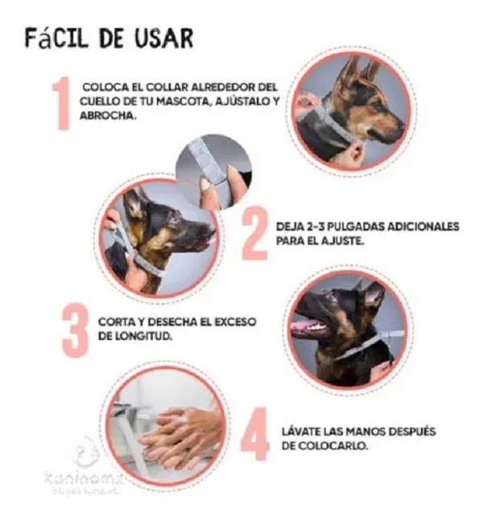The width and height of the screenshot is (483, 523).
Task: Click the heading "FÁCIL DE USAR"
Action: pyautogui.click(x=108, y=38)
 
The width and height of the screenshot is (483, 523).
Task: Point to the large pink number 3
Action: pyautogui.click(x=75, y=330)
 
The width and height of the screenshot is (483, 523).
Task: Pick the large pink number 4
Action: pyautogui.click(x=255, y=438)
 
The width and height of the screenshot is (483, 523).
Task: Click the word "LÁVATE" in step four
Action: pyautogui.click(x=303, y=432)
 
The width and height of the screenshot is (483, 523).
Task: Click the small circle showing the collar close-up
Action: pyautogui.click(x=213, y=171)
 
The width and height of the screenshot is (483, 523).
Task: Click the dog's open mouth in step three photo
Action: pyautogui.click(x=308, y=326)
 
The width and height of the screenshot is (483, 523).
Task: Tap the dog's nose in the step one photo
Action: pyautogui.click(x=400, y=127)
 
